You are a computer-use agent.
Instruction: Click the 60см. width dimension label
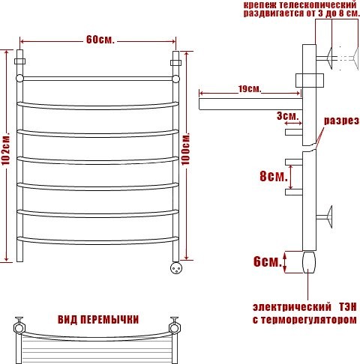pos(99,39)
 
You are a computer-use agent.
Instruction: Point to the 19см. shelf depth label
pos(249,89)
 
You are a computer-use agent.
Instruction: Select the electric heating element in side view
pos(309,261)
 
